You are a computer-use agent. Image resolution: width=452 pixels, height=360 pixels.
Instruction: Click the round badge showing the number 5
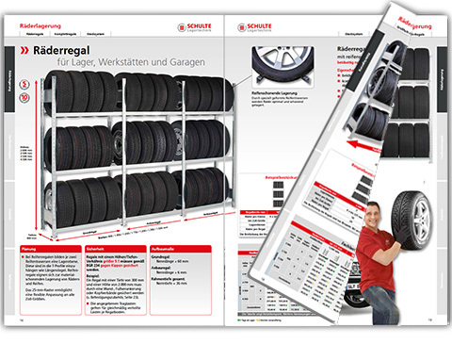(23, 84)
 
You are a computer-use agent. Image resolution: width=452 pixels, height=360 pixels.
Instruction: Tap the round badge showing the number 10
(23, 97)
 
